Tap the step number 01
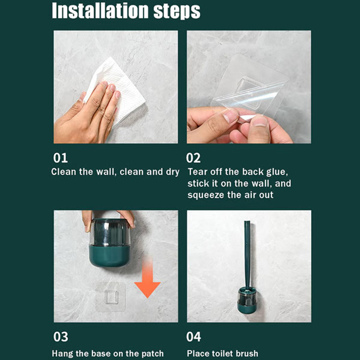(x=60, y=158)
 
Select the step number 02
(x=193, y=158)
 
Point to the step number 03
(x=60, y=337)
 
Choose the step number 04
(x=193, y=337)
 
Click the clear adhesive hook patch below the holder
(x=111, y=297)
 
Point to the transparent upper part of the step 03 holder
(x=109, y=233)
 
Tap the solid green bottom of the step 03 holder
(x=109, y=256)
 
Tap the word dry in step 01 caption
(x=172, y=172)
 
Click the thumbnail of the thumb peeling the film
(x=257, y=128)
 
